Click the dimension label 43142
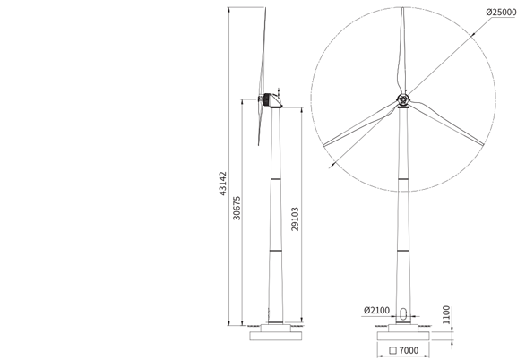click(223, 184)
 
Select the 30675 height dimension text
click(237, 208)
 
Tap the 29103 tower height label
click(295, 219)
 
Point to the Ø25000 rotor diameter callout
click(501, 13)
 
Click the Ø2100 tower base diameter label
click(376, 310)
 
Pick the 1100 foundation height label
click(446, 315)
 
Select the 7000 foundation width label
click(409, 350)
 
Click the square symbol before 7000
click(392, 350)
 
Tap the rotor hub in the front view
click(403, 99)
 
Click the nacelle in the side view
click(273, 100)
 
